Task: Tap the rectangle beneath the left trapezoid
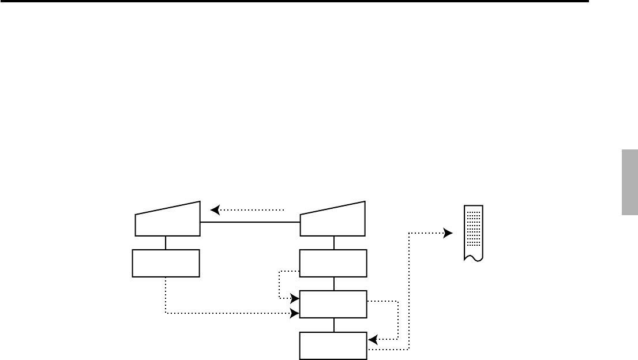(x=166, y=263)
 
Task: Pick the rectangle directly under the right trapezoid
(x=333, y=263)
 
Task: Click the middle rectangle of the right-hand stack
(x=333, y=304)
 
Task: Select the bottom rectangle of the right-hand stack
(x=333, y=345)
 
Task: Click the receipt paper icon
(x=474, y=233)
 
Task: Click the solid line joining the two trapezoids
(x=250, y=222)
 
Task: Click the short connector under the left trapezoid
(x=166, y=243)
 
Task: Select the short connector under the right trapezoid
(x=334, y=243)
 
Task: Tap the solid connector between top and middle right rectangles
(x=334, y=284)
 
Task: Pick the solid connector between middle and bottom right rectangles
(x=334, y=325)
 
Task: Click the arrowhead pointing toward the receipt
(x=448, y=233)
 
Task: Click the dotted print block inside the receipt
(x=474, y=227)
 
